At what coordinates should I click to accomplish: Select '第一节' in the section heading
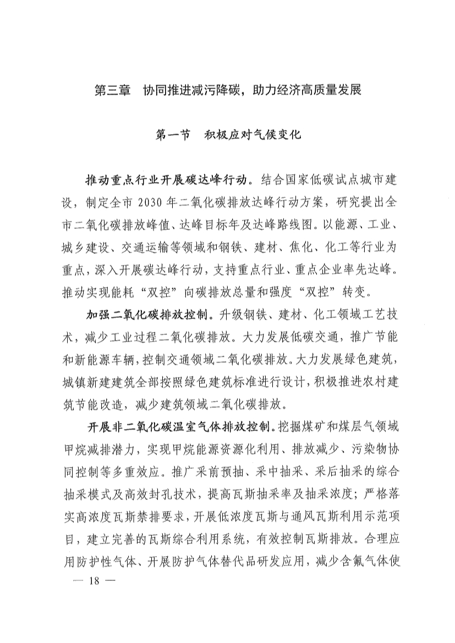click(173, 134)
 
